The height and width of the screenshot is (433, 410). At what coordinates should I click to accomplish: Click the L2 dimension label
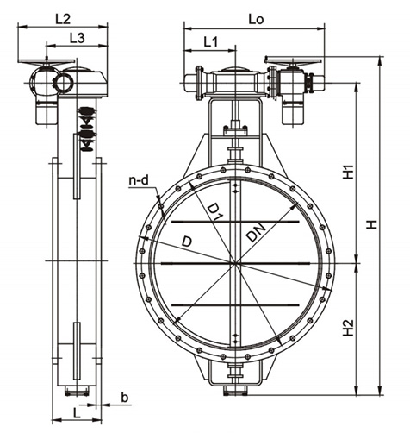coord(63,19)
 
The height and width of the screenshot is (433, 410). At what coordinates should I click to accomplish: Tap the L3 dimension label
coord(78,38)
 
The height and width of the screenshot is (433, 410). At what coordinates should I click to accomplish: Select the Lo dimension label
coord(256,19)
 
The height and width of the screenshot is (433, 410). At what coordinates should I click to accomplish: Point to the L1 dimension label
coord(211,42)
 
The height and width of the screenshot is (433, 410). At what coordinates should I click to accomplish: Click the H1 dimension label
coord(349,172)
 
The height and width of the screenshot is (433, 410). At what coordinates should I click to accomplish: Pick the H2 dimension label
coord(349,327)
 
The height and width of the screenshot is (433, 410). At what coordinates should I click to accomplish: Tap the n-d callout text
coord(139,180)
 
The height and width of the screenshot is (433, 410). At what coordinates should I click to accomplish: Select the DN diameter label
coord(256,232)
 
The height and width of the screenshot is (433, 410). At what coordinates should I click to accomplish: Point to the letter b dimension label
coord(124,398)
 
